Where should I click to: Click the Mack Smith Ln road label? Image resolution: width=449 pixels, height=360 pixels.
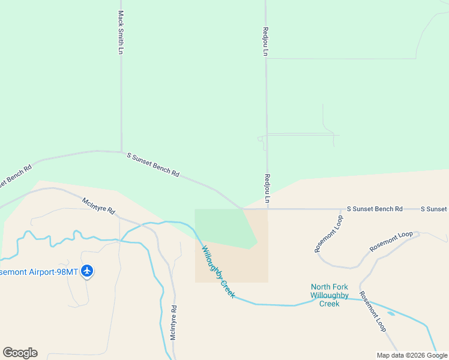click(x=121, y=32)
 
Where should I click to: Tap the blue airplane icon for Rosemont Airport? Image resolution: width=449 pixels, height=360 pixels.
click(x=88, y=271)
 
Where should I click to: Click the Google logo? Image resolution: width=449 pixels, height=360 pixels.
click(x=20, y=353)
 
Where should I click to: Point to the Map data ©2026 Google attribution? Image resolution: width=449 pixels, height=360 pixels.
click(x=412, y=355)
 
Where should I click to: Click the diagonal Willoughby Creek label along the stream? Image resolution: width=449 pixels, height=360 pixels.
click(x=218, y=272)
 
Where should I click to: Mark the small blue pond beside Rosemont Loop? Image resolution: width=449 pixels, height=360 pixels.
click(x=391, y=313)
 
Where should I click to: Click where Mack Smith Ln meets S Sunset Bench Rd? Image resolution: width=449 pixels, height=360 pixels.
click(x=121, y=151)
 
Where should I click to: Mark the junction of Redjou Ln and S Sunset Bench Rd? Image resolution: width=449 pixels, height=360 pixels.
click(x=267, y=209)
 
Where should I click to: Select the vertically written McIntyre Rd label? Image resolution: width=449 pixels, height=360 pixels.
click(x=173, y=323)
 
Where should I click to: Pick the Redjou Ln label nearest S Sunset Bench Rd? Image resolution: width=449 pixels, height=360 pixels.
click(x=267, y=188)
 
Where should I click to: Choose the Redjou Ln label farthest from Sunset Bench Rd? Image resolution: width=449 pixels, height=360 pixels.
click(x=265, y=41)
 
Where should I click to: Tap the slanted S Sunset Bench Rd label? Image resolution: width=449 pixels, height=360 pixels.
click(x=153, y=164)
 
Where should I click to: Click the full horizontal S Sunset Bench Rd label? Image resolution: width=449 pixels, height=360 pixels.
click(x=375, y=209)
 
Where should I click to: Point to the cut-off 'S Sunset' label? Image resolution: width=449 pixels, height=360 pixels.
click(x=434, y=209)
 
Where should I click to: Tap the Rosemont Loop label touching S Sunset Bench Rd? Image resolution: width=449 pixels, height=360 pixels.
click(x=327, y=231)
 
